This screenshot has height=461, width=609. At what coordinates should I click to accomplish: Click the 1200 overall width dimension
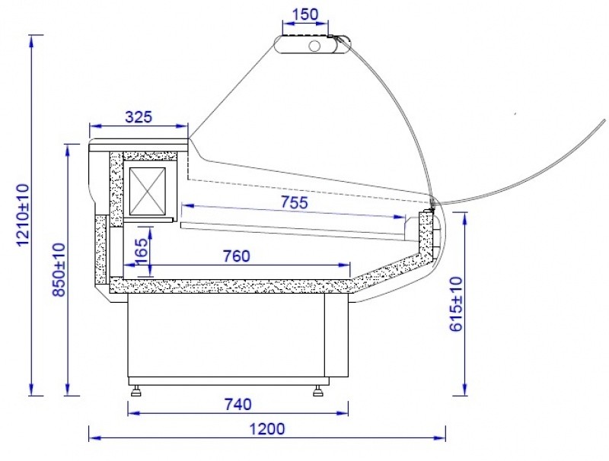(x=267, y=429)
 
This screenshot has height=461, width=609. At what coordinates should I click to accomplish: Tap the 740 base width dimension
(x=238, y=405)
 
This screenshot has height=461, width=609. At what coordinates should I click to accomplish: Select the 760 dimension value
(x=237, y=256)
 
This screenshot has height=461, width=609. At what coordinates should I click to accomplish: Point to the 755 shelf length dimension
(x=295, y=202)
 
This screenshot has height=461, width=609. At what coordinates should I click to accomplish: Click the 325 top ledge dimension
(x=139, y=116)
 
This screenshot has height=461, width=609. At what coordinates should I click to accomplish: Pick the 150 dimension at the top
(x=305, y=14)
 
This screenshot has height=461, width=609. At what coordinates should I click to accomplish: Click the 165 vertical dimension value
(x=142, y=251)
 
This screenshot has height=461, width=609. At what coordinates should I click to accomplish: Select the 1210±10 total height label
(x=23, y=215)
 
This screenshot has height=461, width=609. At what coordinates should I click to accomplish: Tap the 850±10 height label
(x=59, y=270)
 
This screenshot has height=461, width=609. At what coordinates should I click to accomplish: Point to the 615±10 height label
(x=456, y=304)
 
